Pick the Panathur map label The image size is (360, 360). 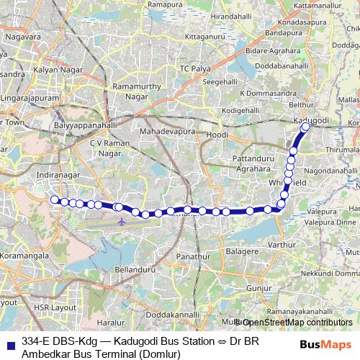click(x=192, y=256)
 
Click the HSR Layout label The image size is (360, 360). click(x=55, y=307)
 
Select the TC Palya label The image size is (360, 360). click(x=193, y=68)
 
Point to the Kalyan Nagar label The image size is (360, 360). click(x=55, y=70)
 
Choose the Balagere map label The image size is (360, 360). click(x=243, y=251)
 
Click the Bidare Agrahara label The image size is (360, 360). click(x=272, y=51)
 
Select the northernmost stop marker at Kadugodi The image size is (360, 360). click(x=305, y=127)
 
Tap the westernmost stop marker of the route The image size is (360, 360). click(x=54, y=200)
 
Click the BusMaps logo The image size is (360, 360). click(x=324, y=345)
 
